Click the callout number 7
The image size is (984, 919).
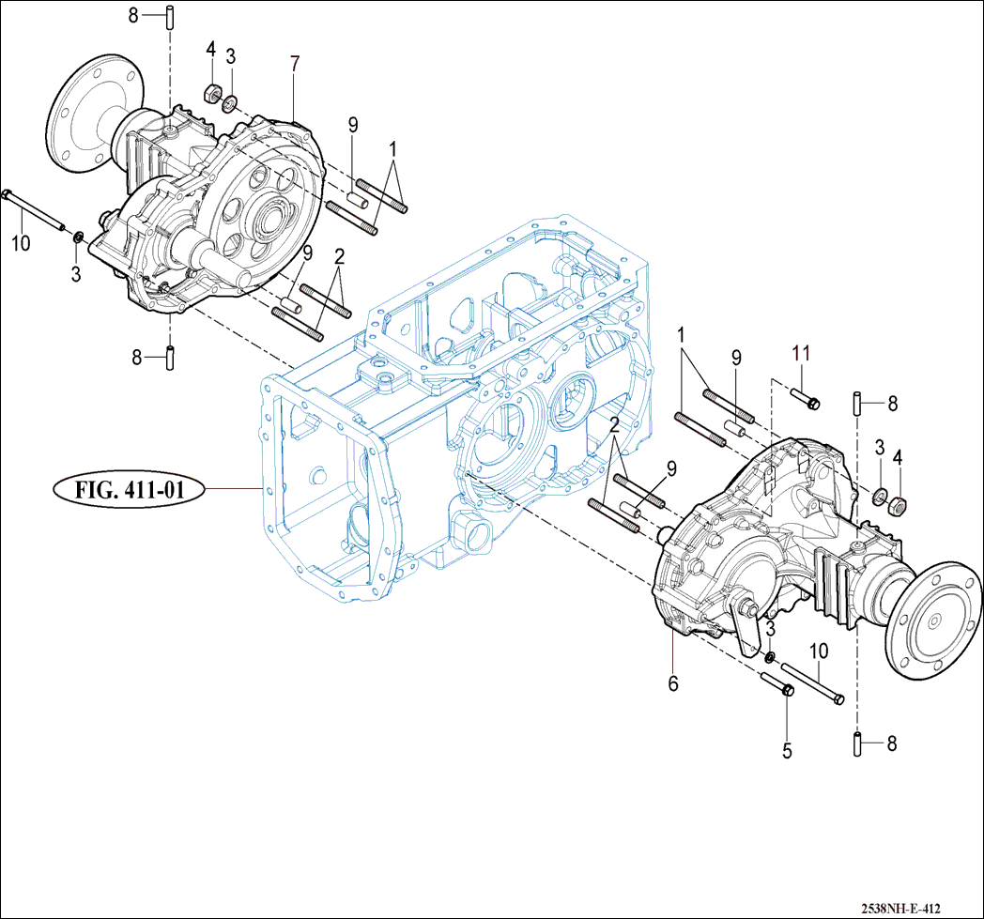295,64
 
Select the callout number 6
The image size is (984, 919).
673,683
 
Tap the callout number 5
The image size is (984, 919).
787,751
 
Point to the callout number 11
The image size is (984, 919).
799,354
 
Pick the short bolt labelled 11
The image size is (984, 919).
806,398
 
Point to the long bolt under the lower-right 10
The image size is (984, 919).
812,683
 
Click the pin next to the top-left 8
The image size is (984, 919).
170,16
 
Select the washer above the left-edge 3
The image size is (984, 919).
79,233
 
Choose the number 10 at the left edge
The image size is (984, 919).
21,244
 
